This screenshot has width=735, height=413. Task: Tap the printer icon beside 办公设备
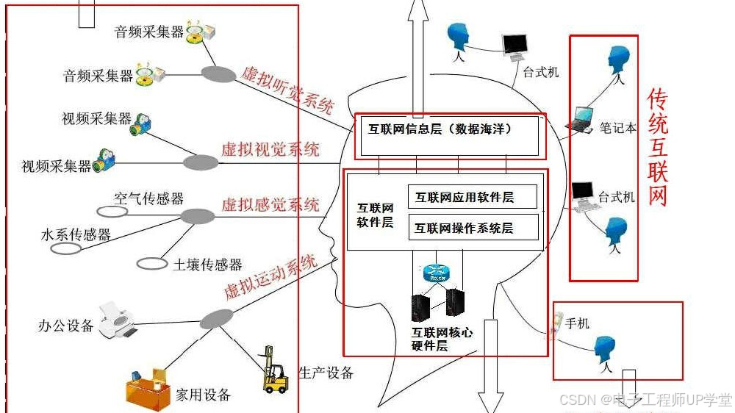coord(117,319)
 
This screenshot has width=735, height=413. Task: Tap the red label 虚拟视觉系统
coord(270,149)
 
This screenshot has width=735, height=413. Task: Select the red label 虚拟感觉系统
coord(270,204)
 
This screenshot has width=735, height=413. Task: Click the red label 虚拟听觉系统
coord(287,90)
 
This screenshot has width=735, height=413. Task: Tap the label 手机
coord(578,323)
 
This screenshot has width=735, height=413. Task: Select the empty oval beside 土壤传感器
coord(152,263)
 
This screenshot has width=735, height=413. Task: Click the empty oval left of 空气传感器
coord(112,212)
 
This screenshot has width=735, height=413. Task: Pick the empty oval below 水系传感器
coord(66,248)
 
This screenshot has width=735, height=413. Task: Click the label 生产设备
coord(326,373)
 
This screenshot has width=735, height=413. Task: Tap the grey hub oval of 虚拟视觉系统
coord(201,162)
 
